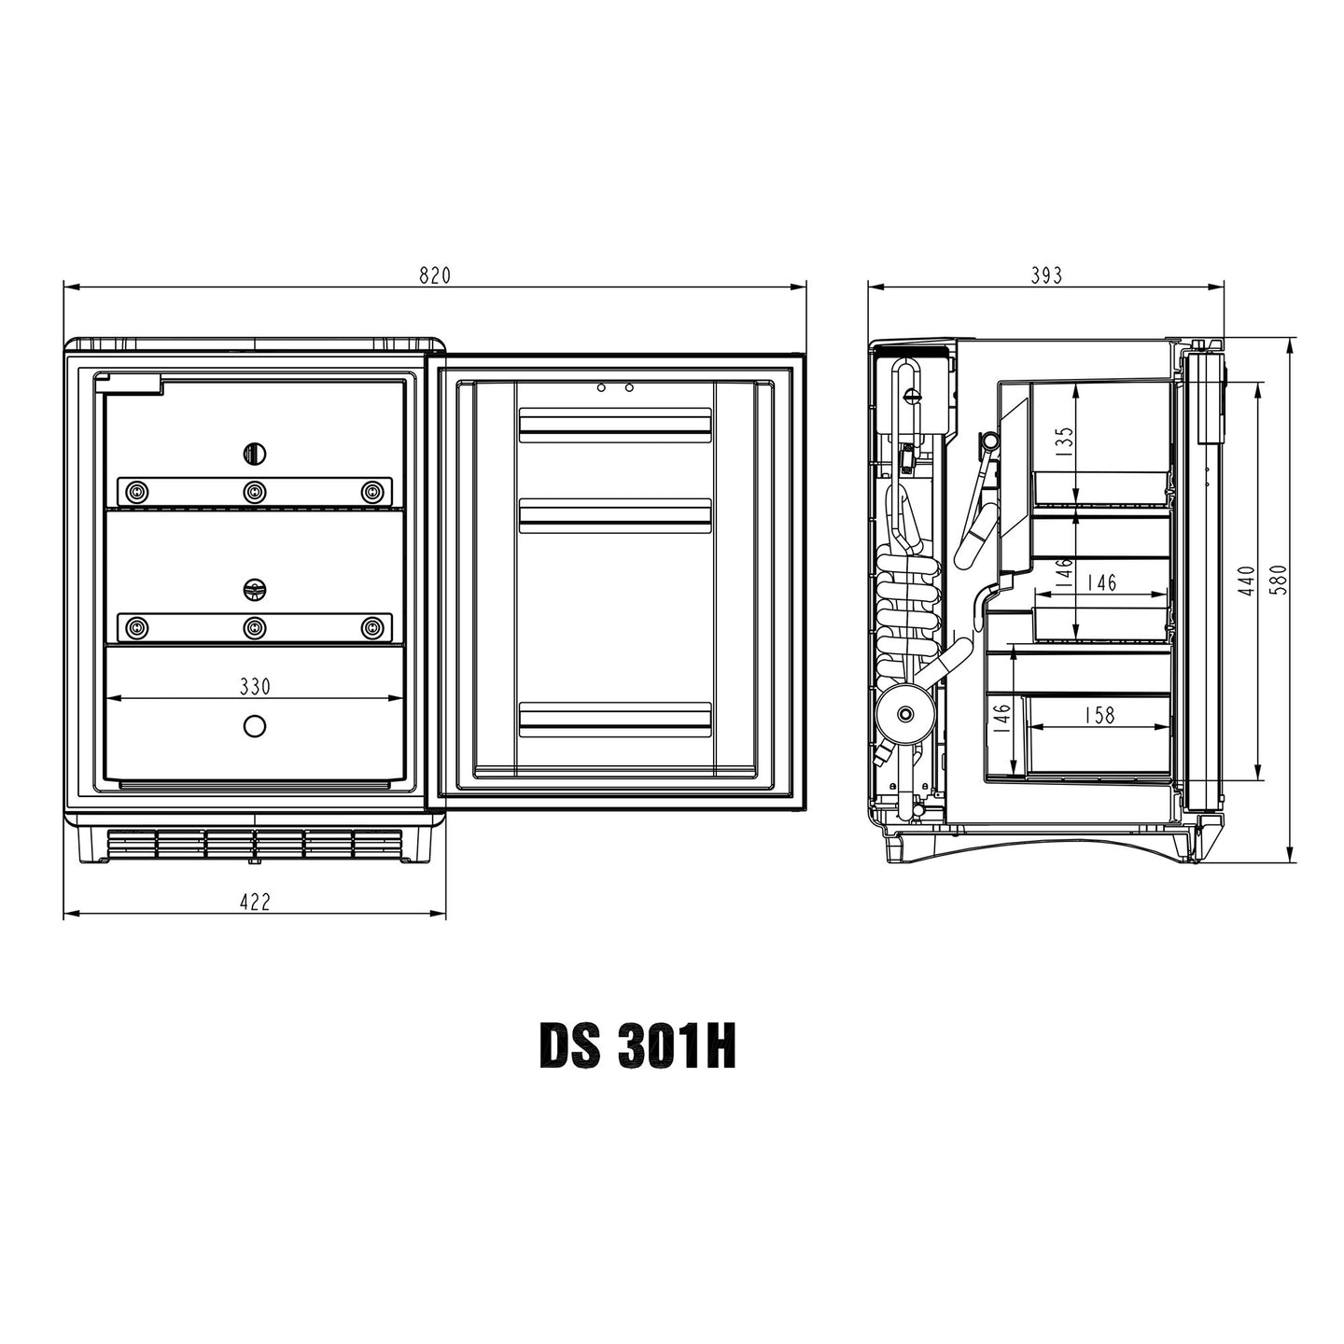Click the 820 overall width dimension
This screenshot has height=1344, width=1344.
coord(435,275)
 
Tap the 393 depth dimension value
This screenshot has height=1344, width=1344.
coord(1046,275)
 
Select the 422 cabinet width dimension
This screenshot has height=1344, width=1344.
coord(255,902)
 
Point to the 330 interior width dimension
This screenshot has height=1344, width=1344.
coord(255,687)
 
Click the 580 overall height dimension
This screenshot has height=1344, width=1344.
coord(1279,579)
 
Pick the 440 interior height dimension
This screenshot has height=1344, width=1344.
coord(1246,581)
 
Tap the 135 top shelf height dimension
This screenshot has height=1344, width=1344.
coord(1064,441)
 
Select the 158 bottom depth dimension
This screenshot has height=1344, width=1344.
coord(1099,715)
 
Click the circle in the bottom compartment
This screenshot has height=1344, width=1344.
coord(255,726)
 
